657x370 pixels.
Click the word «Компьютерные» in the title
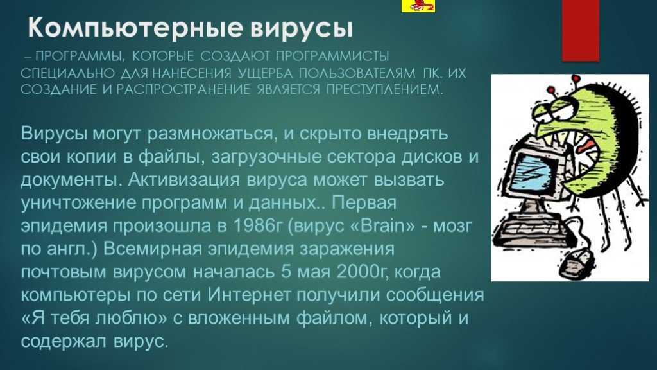point(135,28)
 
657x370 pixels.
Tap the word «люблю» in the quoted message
point(131,318)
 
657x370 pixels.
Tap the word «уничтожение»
point(78,202)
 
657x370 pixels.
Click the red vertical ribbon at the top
point(580,30)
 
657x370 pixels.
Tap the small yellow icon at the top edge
point(418,6)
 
